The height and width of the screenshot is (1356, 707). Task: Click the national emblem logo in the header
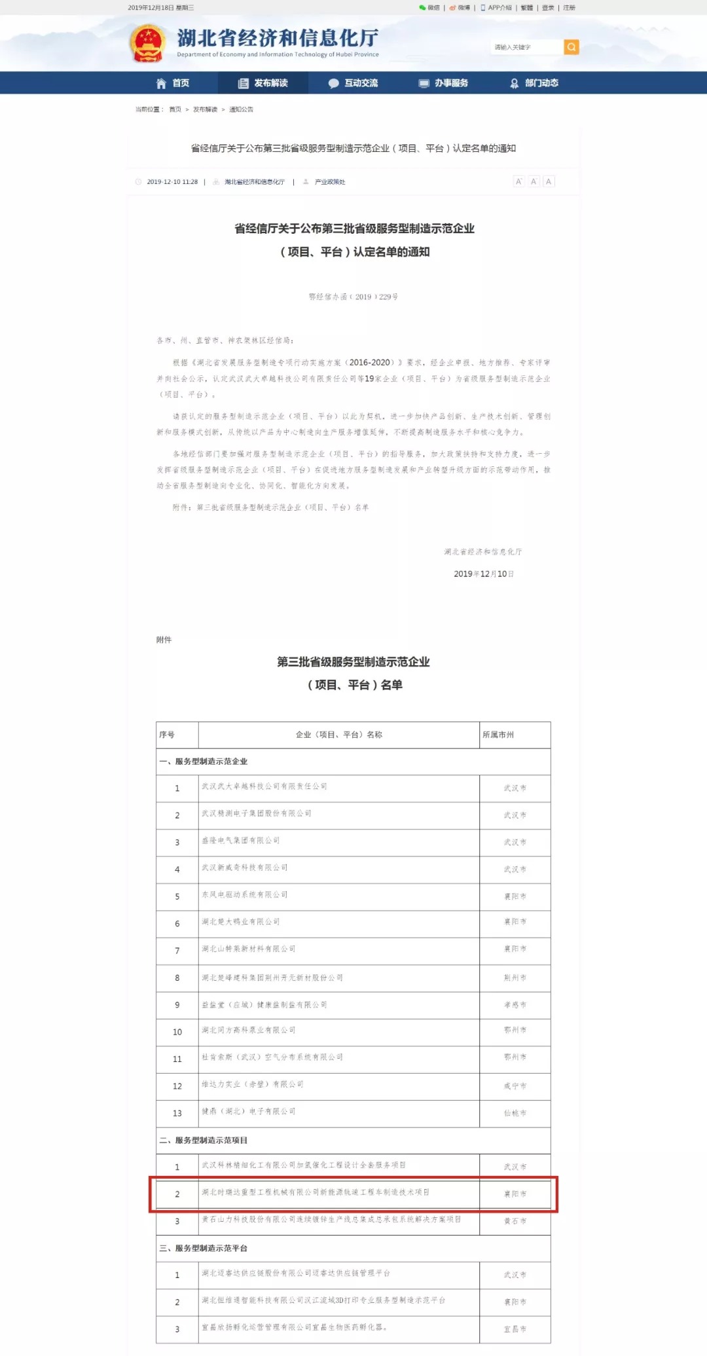(147, 43)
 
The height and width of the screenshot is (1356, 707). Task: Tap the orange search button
(571, 47)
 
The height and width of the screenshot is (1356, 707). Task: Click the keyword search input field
(526, 47)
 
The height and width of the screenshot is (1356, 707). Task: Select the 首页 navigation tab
(173, 83)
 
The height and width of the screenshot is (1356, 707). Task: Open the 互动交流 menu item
(353, 83)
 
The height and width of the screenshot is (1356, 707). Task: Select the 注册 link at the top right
(570, 8)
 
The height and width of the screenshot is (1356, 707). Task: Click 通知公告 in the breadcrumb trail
(241, 109)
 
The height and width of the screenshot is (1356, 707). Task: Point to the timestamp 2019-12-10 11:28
(172, 182)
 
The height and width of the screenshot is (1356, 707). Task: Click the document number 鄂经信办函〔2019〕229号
(353, 297)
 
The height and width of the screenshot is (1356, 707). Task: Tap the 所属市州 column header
(498, 735)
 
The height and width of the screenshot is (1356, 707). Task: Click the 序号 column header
(167, 735)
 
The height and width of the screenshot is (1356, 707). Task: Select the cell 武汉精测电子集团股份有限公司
(257, 813)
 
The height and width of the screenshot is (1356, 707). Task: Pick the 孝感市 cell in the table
(515, 1005)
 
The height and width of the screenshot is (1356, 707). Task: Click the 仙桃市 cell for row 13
(515, 1113)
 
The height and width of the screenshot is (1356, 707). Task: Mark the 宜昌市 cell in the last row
(515, 1329)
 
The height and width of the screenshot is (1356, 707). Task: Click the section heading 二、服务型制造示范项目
(204, 1140)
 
